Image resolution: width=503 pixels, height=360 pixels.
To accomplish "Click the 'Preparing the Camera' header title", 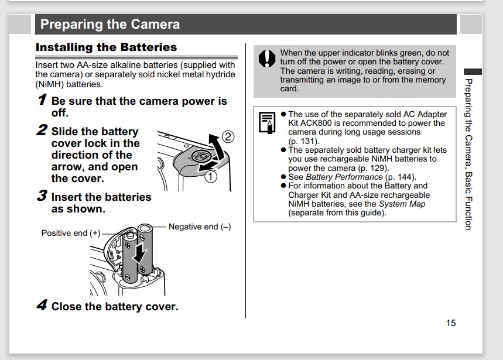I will [110, 25].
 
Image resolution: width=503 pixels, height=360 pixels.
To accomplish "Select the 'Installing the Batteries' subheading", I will [106, 47].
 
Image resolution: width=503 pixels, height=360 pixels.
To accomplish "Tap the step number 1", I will [42, 100].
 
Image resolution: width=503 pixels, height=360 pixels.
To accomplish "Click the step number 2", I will [42, 131].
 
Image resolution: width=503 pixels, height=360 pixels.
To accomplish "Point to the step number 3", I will [42, 196].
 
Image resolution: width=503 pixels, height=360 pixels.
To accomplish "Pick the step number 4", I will [42, 306].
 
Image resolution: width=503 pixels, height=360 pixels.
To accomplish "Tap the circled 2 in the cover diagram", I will [228, 137].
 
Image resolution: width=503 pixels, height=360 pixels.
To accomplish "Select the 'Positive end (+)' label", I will [71, 233].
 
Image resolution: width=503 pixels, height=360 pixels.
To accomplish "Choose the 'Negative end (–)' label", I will [200, 227].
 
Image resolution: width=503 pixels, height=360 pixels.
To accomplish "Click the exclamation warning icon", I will [267, 59].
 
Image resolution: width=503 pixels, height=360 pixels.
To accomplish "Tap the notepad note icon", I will [267, 123].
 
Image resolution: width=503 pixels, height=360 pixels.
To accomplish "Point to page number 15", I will [450, 323].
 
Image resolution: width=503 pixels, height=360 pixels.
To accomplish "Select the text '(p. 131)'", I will [304, 141].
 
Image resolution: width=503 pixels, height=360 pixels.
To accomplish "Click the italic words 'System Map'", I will [402, 204].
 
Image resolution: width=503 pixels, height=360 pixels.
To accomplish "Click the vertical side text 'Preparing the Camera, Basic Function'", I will [468, 153].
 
